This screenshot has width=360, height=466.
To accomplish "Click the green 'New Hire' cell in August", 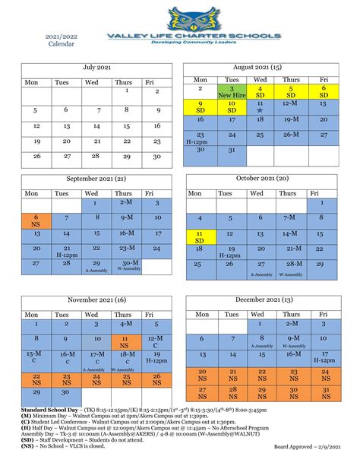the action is point(232,93).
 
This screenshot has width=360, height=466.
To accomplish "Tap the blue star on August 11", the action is point(260,110).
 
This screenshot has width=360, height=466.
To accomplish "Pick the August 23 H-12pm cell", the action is point(201,138).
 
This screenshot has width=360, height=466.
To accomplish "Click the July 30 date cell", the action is point(157,157).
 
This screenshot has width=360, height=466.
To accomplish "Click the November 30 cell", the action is point(66,393).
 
